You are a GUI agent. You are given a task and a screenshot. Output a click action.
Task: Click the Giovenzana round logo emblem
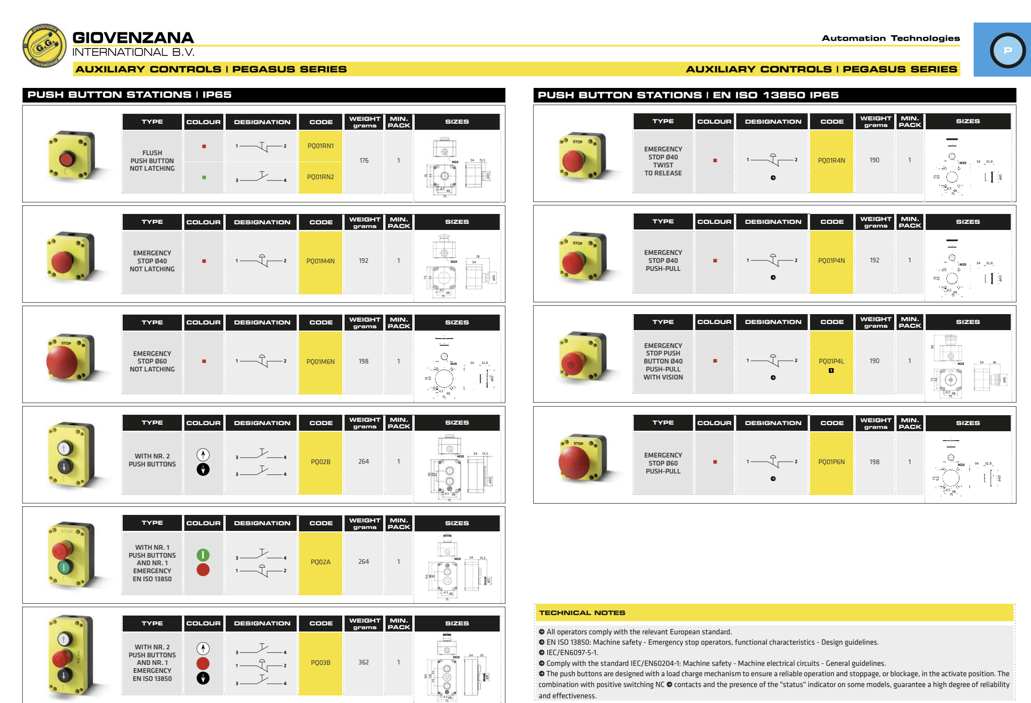(x=44, y=46)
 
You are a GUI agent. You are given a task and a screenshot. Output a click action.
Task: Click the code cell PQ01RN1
(x=321, y=146)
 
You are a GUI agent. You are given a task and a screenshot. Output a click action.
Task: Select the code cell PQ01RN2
(x=321, y=177)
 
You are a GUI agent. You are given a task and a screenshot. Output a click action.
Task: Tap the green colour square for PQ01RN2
(x=204, y=177)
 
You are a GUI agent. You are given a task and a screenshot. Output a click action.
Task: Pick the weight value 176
(x=364, y=161)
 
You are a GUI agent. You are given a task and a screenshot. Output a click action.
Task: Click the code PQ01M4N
(x=321, y=261)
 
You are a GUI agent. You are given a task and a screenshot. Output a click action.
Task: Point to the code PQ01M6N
(x=321, y=362)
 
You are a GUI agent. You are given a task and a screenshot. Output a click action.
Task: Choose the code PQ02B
(x=321, y=462)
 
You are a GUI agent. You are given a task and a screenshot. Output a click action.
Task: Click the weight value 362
(x=364, y=662)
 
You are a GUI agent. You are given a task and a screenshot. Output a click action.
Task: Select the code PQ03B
(x=321, y=663)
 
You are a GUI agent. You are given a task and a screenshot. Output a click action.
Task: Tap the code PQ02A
(x=321, y=562)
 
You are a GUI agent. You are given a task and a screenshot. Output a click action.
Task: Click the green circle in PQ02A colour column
(x=203, y=555)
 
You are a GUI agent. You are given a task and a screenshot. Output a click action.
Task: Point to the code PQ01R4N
(x=831, y=160)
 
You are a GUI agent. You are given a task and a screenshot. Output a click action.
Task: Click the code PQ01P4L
(x=831, y=361)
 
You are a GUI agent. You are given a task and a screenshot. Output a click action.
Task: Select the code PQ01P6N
(x=831, y=462)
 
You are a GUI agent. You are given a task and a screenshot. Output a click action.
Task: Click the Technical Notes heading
(x=582, y=613)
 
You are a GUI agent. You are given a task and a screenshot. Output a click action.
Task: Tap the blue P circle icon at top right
(x=1007, y=50)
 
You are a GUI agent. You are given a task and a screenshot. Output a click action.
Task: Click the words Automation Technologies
(x=890, y=38)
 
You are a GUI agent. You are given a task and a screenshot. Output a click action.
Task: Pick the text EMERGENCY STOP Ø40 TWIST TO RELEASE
(x=663, y=161)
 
